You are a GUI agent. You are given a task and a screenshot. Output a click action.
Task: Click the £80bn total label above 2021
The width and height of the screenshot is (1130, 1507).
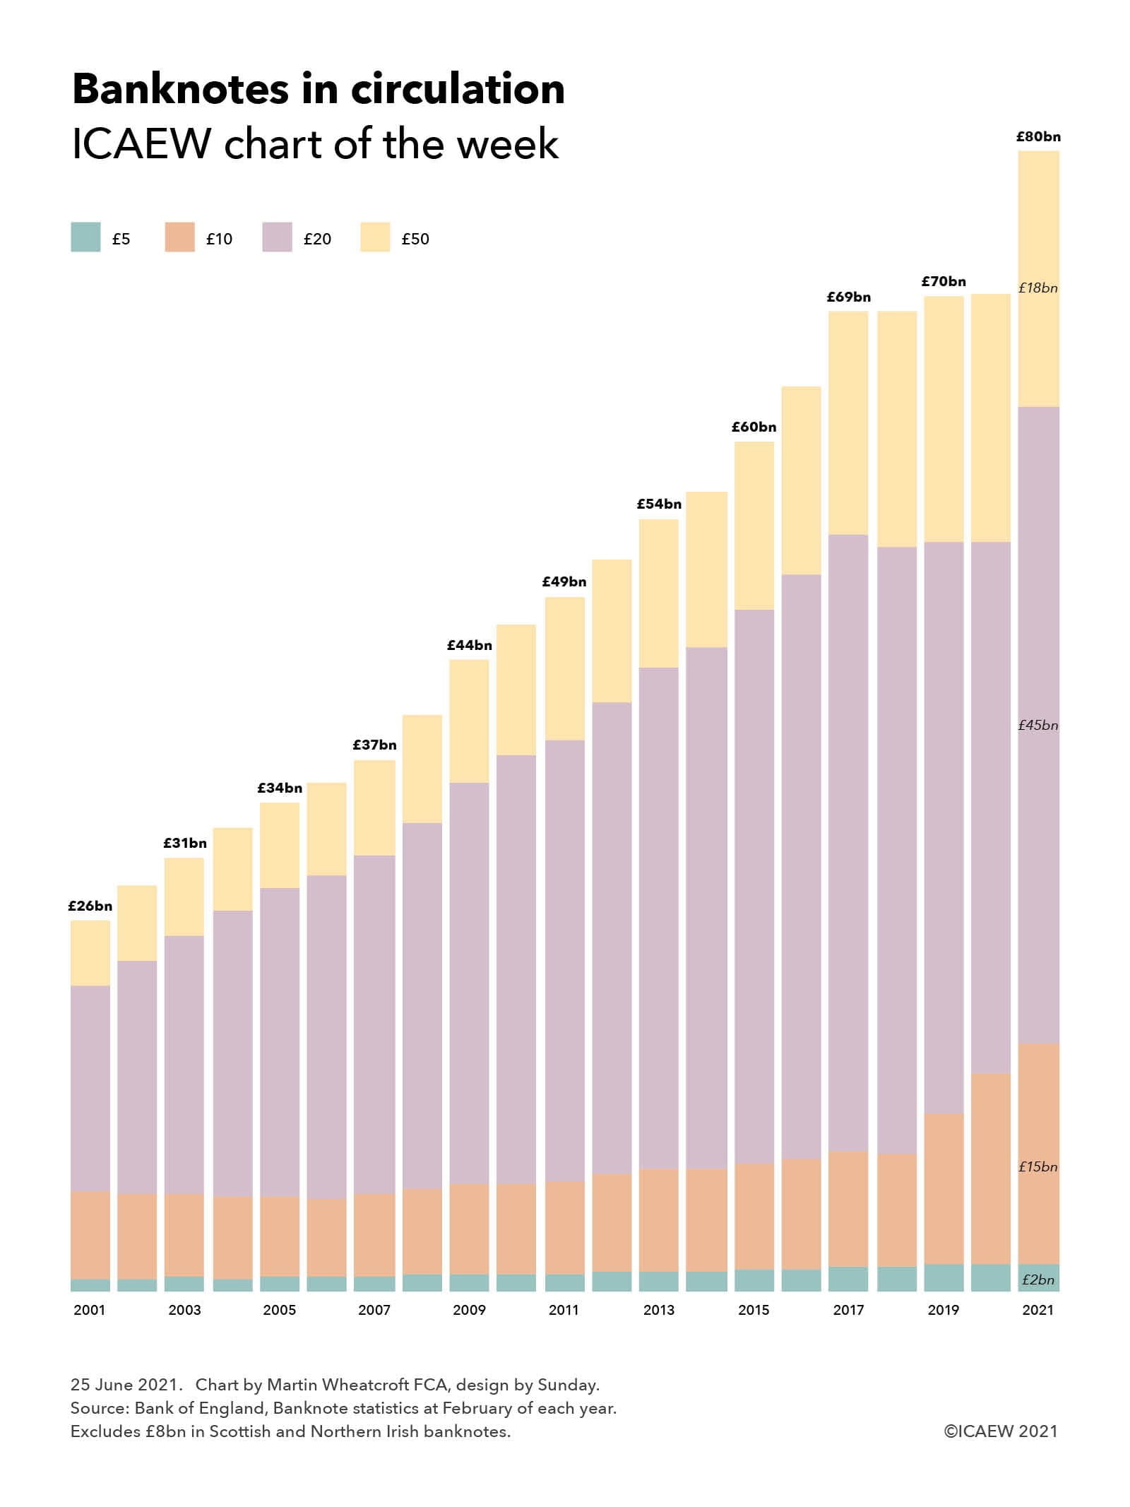click(1037, 137)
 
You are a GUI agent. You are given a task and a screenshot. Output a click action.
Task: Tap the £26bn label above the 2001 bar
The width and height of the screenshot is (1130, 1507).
click(90, 906)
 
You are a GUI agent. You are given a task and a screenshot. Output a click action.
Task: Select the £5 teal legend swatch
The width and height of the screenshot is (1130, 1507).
click(85, 237)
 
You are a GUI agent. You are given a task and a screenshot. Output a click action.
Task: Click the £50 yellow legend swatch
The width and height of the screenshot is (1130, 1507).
click(374, 237)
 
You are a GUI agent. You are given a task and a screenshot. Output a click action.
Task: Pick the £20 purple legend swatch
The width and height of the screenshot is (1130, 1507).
click(277, 237)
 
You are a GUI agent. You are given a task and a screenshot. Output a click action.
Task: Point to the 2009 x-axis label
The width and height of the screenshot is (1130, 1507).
click(469, 1310)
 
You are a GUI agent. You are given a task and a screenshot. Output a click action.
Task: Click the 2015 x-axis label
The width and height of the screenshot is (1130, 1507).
click(754, 1310)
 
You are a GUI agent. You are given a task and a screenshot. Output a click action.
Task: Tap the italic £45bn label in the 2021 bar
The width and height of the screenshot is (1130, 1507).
click(1037, 725)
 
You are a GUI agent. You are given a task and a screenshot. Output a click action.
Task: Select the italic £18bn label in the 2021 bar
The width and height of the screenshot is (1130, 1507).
click(1037, 288)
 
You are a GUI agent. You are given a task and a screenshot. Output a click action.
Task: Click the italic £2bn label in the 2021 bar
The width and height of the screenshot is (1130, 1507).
click(1037, 1280)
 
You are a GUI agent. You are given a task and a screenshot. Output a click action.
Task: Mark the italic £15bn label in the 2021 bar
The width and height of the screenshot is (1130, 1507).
click(1037, 1166)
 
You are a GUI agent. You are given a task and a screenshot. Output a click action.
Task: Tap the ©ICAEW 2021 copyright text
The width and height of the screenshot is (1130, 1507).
click(1001, 1431)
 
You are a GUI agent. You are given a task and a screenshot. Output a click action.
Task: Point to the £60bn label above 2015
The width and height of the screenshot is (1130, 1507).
click(754, 427)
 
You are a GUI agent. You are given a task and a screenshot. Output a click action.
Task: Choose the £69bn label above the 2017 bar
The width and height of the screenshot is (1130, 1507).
click(848, 297)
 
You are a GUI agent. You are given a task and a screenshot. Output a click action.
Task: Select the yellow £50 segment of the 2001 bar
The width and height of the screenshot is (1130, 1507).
click(90, 953)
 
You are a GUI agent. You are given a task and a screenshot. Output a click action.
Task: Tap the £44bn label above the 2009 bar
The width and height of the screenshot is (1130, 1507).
click(469, 645)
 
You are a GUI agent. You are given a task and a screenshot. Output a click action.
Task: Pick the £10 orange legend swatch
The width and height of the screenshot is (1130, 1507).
click(179, 237)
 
